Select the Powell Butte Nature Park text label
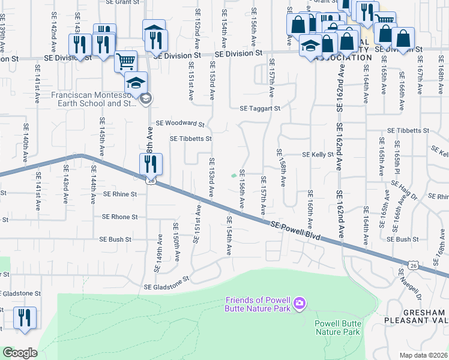point(337,328)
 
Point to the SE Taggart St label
point(260,109)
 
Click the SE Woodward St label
point(180,124)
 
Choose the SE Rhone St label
point(120,217)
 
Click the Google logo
point(20,353)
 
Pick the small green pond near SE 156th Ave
point(234,176)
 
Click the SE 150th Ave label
point(176,242)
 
